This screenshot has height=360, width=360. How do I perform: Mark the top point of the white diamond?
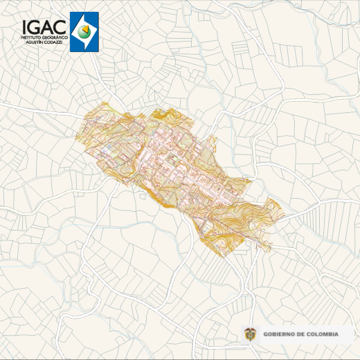pos(84,14)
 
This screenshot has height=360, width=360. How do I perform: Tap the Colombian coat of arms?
pos(251,334)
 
